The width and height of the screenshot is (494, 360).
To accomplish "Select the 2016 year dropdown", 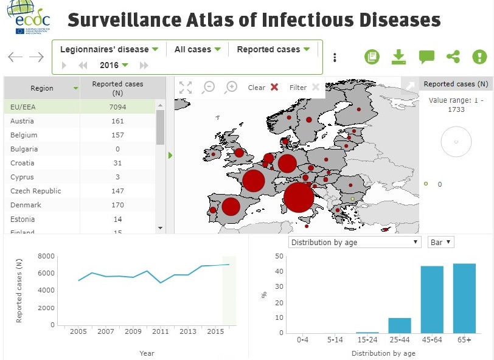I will (x=114, y=65).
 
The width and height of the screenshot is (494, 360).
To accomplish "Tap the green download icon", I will (x=398, y=57).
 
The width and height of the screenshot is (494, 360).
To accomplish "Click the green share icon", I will (x=453, y=57).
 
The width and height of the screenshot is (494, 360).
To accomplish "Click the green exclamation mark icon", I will (x=480, y=57).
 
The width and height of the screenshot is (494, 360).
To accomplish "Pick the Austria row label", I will (x=21, y=121).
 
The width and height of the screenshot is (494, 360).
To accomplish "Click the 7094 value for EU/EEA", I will (x=117, y=107).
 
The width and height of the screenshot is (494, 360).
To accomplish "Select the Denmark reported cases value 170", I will (x=117, y=205).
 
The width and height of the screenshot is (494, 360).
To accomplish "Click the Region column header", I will (x=42, y=88).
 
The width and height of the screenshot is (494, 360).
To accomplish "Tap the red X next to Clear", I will (x=274, y=87).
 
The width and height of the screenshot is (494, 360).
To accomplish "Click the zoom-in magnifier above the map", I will (x=231, y=87).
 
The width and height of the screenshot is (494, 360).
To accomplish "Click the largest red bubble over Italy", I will (x=298, y=197).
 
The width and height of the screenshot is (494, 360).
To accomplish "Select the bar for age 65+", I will (x=465, y=298).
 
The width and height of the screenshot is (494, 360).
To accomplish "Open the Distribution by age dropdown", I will (x=355, y=242).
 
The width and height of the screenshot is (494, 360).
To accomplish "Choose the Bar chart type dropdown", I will (x=441, y=242).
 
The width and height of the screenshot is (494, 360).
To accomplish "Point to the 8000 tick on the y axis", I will (x=46, y=256).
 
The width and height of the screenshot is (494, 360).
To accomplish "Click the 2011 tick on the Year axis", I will (x=161, y=331).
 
